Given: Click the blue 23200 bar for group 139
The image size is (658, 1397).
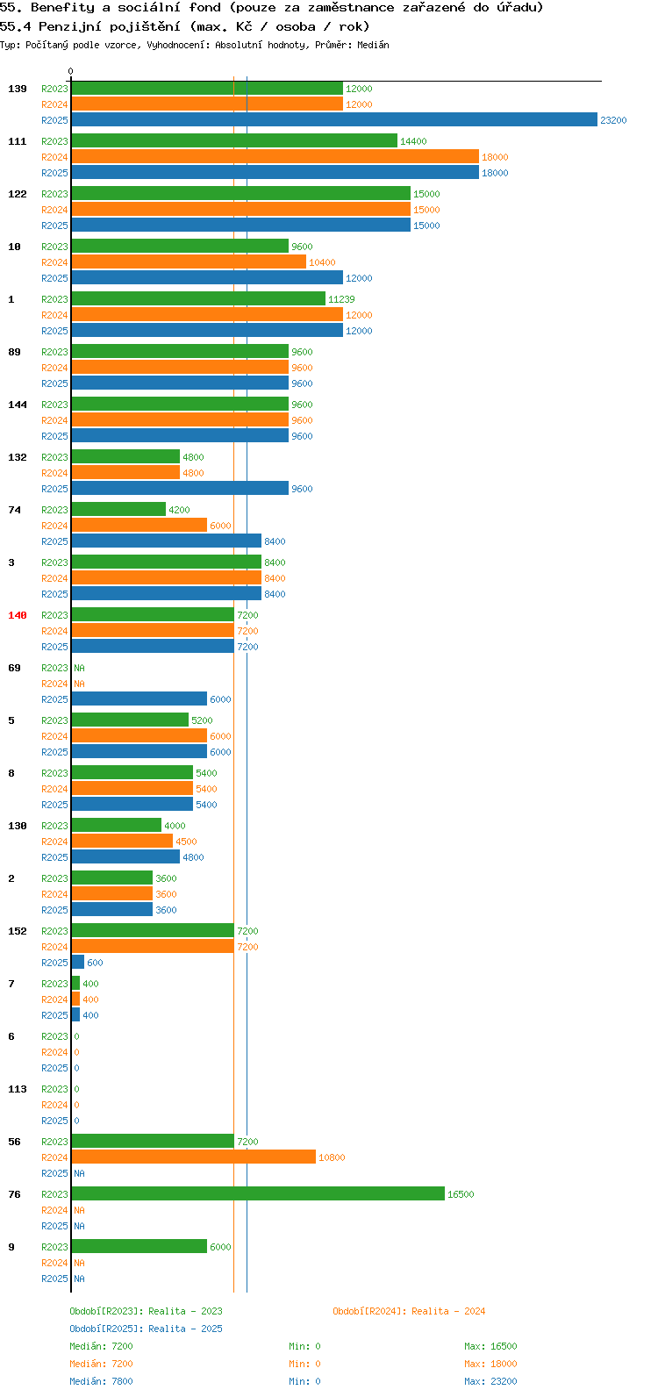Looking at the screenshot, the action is [334, 119].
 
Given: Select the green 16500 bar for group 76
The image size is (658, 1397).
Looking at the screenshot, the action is [258, 1193].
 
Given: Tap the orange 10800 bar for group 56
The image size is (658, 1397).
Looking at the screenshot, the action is [193, 1157].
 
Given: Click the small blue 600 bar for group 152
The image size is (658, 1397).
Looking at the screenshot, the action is [78, 963].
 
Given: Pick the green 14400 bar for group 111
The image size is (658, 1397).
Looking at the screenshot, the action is [234, 141].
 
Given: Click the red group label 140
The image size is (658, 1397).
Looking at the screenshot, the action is [18, 615].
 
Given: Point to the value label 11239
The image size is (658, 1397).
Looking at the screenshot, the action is [342, 299].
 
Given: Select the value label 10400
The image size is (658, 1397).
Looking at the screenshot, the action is [323, 262].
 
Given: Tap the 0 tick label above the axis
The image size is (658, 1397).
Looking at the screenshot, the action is [70, 71].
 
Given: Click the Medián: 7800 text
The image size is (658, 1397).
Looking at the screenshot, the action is [101, 1381].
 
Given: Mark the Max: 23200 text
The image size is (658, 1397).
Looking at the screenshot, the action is [490, 1381].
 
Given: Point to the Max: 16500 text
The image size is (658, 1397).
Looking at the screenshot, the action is [490, 1346].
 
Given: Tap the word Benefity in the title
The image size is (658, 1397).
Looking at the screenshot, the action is [62, 8].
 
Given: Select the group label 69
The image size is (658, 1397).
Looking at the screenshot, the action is [14, 668].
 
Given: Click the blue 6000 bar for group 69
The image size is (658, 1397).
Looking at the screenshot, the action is [139, 699].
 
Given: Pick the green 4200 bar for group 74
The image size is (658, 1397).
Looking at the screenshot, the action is [118, 510].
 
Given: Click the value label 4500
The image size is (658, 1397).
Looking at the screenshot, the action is [187, 842].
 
